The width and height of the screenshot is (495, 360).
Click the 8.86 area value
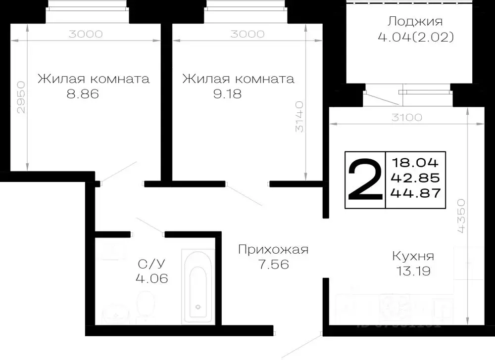tap(83, 94)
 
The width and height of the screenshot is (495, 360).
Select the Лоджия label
tap(415, 22)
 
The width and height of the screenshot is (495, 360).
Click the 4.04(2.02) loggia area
tap(415, 37)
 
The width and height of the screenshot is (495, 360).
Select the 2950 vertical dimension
tap(20, 98)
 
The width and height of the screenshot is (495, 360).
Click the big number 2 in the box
tap(365, 180)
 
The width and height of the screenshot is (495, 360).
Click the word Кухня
tap(413, 256)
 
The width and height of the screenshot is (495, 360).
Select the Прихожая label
tap(273, 250)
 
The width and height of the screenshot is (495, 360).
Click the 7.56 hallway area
tap(273, 265)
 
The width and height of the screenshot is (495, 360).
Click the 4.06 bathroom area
tap(152, 278)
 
